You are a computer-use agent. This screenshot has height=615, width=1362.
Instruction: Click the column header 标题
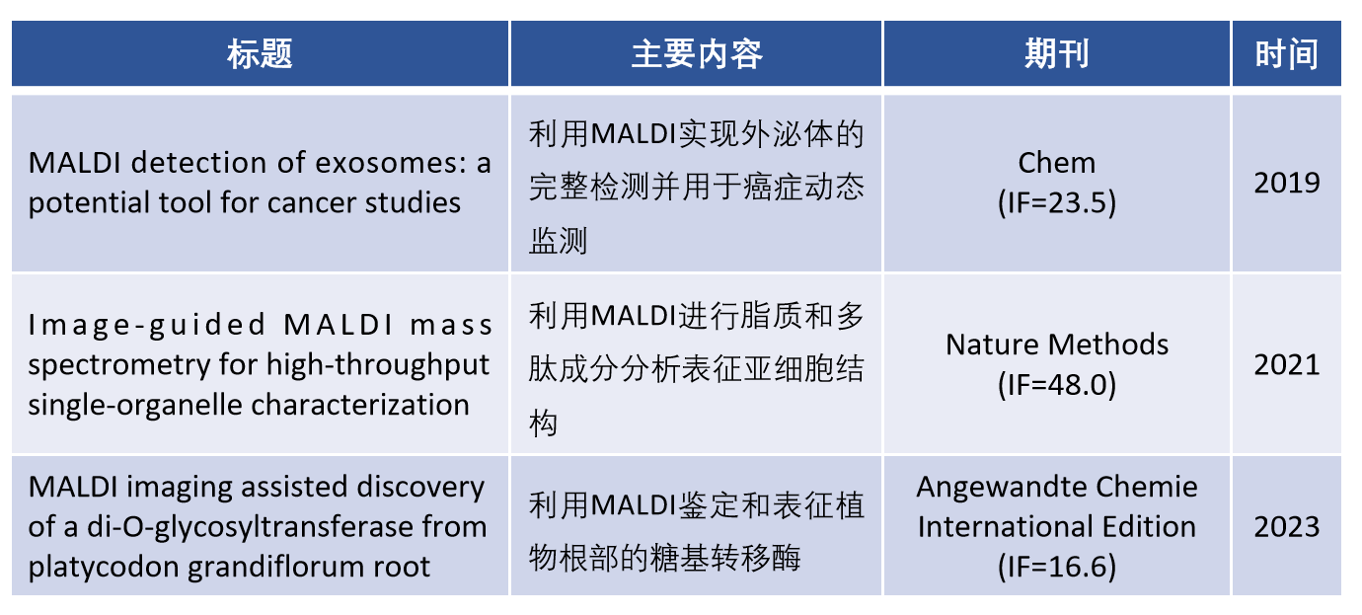[260, 54]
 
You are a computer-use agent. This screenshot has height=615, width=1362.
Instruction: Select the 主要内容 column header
[696, 54]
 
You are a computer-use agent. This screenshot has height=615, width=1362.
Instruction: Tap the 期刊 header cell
[1057, 54]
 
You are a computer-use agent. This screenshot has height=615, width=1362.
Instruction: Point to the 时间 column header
[1287, 54]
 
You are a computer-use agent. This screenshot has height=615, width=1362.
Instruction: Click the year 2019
[1287, 183]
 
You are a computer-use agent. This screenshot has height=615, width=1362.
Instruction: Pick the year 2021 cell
[1287, 364]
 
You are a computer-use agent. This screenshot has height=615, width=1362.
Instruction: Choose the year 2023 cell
[1287, 526]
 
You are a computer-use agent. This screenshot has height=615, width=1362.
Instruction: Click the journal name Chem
[1057, 163]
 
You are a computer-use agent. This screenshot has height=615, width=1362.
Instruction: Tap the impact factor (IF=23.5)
[1057, 202]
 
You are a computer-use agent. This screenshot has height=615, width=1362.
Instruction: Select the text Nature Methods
[1057, 345]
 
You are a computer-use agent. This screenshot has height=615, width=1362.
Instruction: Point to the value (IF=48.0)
[1057, 384]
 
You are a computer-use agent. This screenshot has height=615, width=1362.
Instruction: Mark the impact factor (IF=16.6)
[1057, 567]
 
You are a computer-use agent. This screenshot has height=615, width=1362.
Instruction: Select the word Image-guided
[147, 325]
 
